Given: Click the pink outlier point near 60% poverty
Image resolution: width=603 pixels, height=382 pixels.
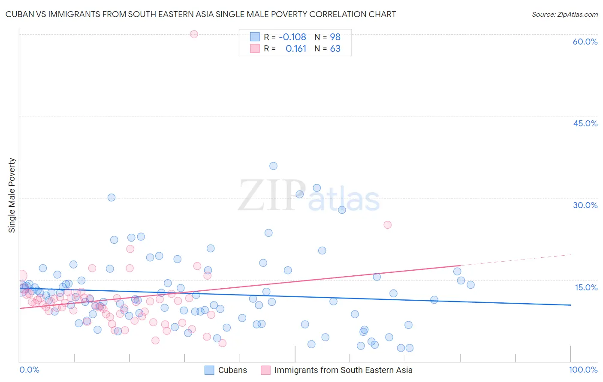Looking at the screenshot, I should point(194,34).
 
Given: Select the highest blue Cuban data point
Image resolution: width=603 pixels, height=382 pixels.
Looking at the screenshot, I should point(273,166).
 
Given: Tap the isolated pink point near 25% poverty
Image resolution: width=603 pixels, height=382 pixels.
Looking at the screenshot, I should point(387,225).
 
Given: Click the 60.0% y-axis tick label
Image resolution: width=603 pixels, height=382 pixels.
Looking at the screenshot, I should point(585,42).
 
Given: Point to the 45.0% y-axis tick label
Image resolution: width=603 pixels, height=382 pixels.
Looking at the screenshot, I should point(585,123).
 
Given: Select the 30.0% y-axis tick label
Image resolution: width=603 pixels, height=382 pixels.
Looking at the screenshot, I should point(585,205).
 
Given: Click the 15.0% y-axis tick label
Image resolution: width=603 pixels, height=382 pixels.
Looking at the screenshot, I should point(586,287).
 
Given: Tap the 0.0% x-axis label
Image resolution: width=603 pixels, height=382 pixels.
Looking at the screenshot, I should point(29,370).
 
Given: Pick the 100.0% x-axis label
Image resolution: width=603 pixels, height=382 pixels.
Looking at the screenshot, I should point(583,370).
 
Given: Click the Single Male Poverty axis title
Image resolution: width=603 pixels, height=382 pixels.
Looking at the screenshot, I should point(12,195).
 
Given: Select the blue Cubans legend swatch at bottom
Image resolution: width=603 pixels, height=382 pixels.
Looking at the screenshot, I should point(209,370).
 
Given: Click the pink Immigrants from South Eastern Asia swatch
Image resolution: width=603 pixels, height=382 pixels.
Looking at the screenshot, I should point(265,370).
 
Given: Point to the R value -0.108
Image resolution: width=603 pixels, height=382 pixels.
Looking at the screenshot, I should point(292,37).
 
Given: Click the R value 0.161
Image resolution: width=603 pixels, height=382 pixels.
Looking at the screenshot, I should point(296,49).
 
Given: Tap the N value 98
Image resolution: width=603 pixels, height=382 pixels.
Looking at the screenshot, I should point(335,37).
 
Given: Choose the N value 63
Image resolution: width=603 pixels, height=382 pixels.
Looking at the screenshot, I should point(335,49).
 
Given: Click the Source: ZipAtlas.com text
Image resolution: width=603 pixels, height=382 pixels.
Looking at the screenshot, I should point(564,15).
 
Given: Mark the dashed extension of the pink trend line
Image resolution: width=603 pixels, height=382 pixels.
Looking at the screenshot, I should point(515,260).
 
